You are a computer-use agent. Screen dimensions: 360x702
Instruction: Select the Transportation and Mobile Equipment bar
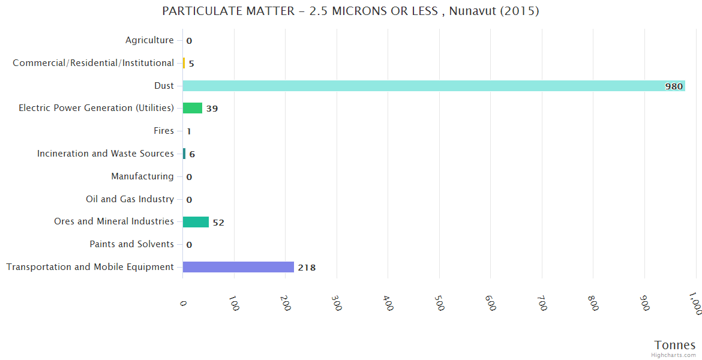238,267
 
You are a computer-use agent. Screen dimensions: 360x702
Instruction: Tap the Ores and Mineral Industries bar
196,222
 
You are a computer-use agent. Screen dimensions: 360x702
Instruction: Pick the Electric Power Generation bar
193,108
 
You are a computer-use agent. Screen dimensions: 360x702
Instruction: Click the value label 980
674,86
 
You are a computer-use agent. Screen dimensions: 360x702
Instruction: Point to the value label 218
307,268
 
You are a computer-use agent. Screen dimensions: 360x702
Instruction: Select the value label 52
218,223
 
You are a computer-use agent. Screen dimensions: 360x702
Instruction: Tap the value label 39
212,109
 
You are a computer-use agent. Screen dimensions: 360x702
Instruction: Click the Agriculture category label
149,40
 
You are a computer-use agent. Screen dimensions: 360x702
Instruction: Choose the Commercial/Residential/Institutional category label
94,63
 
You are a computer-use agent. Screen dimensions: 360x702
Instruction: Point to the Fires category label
164,131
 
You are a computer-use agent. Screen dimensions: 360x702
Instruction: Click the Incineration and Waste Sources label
106,154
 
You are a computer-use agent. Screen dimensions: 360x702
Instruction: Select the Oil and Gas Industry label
130,199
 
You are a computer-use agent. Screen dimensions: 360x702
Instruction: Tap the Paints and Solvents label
131,244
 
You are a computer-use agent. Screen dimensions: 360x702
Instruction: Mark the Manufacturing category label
142,176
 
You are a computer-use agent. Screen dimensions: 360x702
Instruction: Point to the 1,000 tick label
694,303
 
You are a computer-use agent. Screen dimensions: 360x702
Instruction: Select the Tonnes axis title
675,345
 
